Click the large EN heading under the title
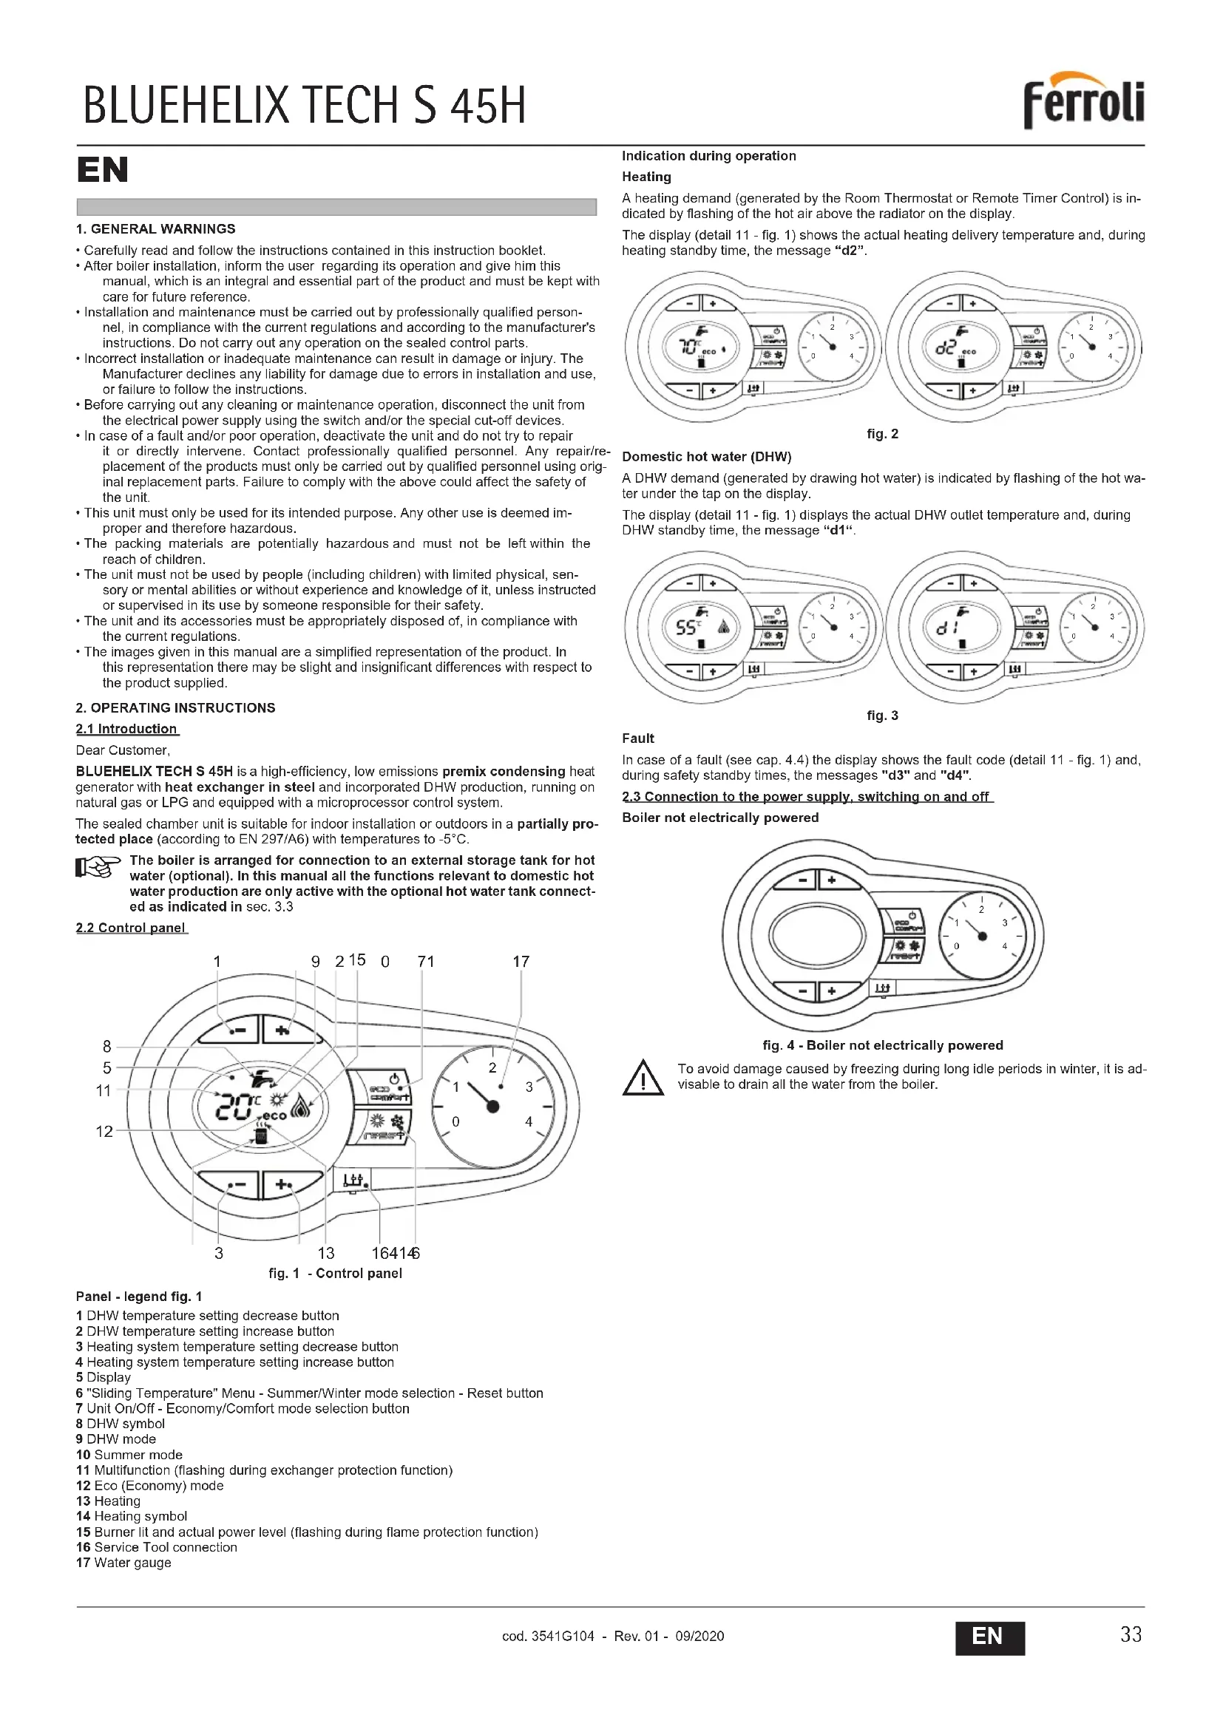pos(103,170)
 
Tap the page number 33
pos(1131,1634)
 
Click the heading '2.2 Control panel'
pos(131,928)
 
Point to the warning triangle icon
pos(643,1077)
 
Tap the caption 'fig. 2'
pos(882,434)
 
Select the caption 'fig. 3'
pos(882,716)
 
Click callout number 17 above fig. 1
pos(521,962)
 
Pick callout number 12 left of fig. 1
pos(104,1131)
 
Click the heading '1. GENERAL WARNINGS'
pos(155,229)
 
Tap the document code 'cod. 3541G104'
pos(547,1636)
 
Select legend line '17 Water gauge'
pos(123,1563)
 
